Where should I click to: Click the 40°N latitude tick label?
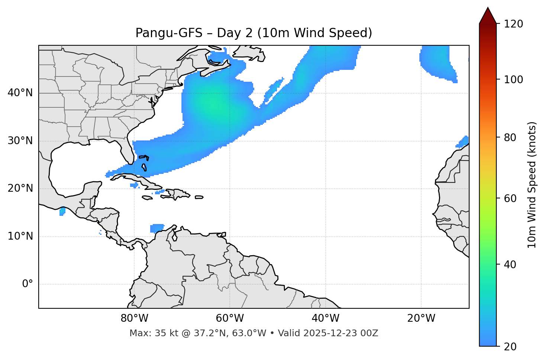coord(20,93)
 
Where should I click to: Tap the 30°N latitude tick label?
coord(20,141)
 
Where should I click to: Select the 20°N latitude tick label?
coord(20,188)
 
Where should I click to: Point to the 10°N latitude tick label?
coord(20,236)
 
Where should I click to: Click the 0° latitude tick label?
coord(28,284)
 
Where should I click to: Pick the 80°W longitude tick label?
coord(134,318)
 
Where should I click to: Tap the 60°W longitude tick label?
coord(230,318)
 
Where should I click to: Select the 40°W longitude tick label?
coord(325,318)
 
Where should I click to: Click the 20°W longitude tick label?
coord(421,318)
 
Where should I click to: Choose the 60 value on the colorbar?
coord(512,198)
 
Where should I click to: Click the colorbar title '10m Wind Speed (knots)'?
coord(532,185)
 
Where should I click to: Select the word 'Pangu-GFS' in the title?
coord(169,33)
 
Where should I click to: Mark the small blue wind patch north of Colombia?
coord(157,228)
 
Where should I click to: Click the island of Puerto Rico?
coord(199,197)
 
